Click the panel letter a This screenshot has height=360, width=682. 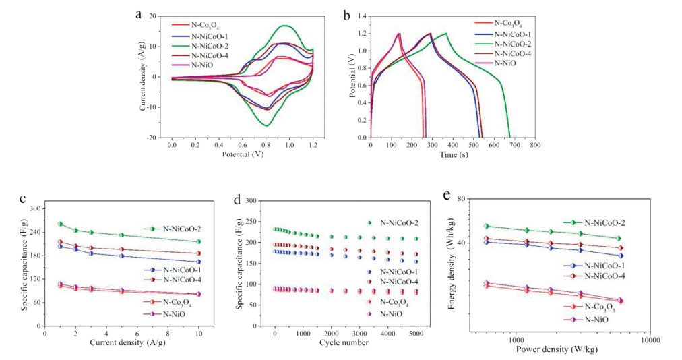tap(138, 14)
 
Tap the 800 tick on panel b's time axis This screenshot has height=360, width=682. tap(535, 145)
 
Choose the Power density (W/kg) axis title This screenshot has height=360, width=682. tap(555, 349)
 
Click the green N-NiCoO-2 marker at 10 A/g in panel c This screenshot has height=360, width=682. tap(199, 241)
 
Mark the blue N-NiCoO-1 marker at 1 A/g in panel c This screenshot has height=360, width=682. tap(60, 246)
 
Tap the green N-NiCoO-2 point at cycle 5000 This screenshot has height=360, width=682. tap(416, 239)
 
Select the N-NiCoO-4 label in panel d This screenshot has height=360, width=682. tap(399, 282)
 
